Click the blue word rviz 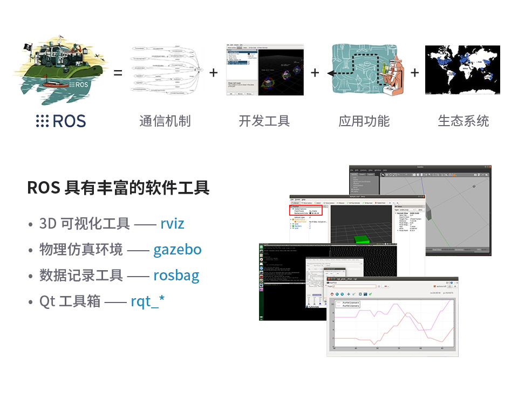coord(172,223)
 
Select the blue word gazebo coord(177,249)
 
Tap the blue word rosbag coord(176,275)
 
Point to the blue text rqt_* coord(147,301)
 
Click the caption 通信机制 coord(165,121)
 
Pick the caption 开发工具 coord(264,121)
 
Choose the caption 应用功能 coord(364,121)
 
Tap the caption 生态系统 coord(463,121)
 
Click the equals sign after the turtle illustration coord(118,73)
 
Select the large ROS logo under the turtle coord(61,121)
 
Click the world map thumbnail coord(462,70)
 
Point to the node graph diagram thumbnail coord(166,70)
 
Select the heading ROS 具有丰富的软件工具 coord(118,188)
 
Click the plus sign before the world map coord(414,72)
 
